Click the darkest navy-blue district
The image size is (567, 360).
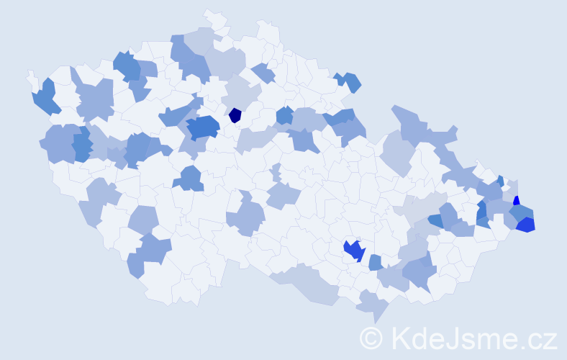pos(235,114)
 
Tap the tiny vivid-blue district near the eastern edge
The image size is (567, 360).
pos(516,202)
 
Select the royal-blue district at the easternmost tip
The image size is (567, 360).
pos(526,225)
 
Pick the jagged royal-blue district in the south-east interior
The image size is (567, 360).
pos(353,250)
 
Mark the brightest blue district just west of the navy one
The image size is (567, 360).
pos(204,127)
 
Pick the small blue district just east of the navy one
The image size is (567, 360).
pos(284,115)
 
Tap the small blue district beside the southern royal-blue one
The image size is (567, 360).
pos(375,263)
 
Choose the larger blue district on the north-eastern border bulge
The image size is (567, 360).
pos(351,82)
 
